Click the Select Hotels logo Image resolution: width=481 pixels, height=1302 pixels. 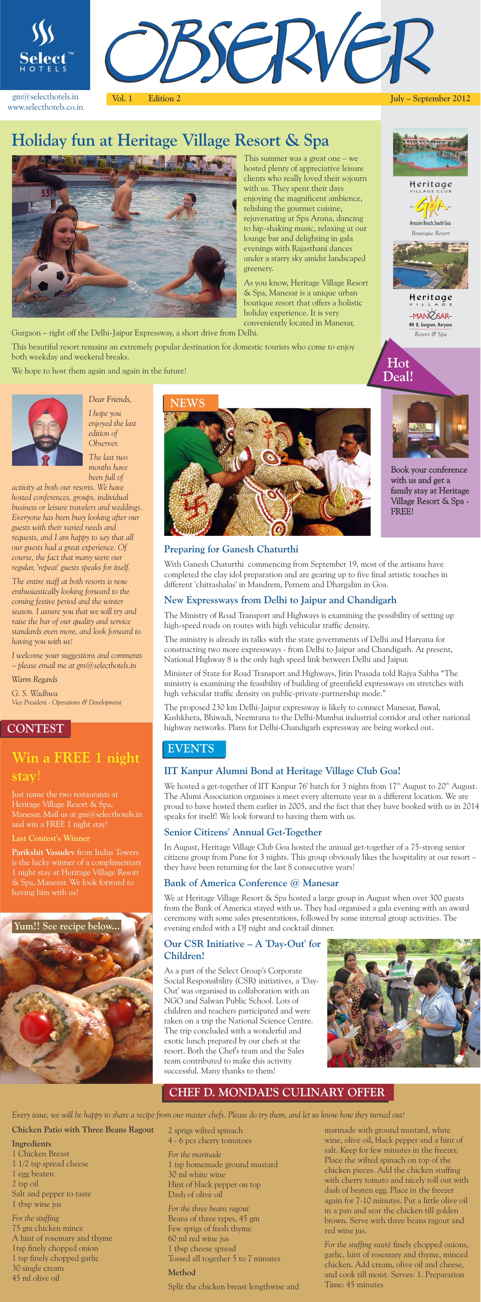[44, 46]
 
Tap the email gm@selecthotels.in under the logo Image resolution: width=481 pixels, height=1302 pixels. [45, 96]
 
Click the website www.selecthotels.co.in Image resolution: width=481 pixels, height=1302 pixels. [45, 107]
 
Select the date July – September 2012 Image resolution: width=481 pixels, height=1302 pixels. [429, 98]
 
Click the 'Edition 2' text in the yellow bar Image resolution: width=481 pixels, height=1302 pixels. [164, 98]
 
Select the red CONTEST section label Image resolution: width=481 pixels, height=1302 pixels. [35, 728]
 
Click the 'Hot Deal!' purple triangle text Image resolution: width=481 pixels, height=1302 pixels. [398, 369]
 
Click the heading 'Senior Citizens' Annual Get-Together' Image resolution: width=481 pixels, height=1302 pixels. [243, 832]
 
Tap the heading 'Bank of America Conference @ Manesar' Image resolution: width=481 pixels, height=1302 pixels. [251, 883]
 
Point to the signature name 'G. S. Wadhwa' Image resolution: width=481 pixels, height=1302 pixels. [35, 694]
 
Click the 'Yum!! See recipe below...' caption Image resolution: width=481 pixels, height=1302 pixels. [67, 926]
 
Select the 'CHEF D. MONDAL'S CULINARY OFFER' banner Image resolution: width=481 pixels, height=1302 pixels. [277, 1092]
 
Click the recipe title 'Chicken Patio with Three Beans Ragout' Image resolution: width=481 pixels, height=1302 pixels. [83, 1129]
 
